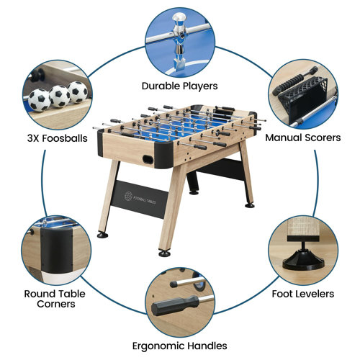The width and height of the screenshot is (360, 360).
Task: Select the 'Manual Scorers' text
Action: pyautogui.click(x=303, y=137)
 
